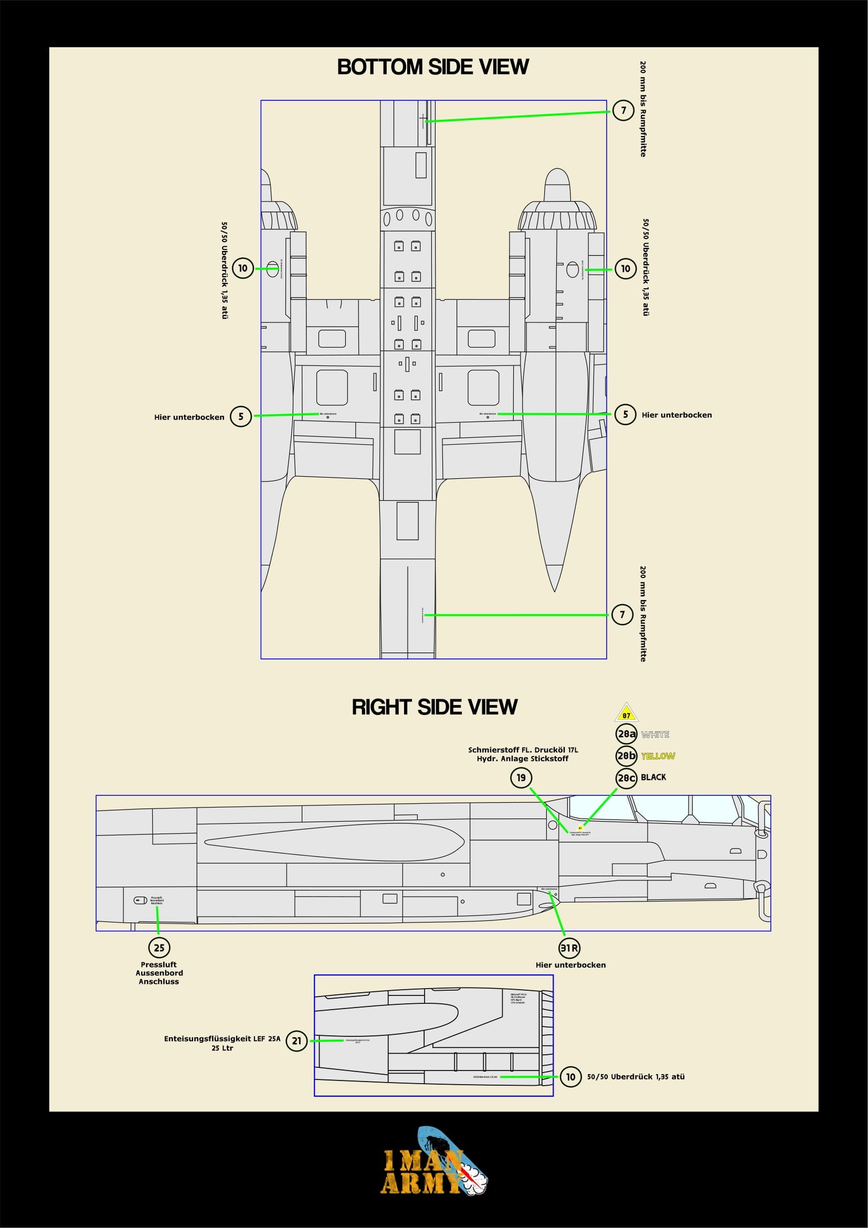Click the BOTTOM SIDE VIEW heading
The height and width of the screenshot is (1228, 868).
[433, 67]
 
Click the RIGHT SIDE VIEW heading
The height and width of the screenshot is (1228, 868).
[434, 707]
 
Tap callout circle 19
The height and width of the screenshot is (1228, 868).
[521, 778]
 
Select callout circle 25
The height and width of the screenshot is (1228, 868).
[160, 948]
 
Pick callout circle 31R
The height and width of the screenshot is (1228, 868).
[569, 948]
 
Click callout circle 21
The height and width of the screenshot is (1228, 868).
[297, 1041]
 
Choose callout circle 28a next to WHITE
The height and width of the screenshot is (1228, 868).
[626, 734]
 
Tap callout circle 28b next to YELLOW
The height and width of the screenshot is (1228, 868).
[626, 755]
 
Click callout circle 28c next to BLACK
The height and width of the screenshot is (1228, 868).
[626, 778]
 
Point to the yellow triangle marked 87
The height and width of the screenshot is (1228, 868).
[627, 713]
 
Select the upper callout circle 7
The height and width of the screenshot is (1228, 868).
[623, 110]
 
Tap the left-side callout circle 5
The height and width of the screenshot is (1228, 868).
[240, 416]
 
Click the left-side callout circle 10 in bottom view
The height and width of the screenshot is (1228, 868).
[242, 268]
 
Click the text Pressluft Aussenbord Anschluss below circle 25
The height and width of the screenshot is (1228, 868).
[160, 973]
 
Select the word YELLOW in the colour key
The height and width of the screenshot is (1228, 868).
[658, 755]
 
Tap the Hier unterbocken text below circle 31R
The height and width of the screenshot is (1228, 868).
[570, 965]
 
